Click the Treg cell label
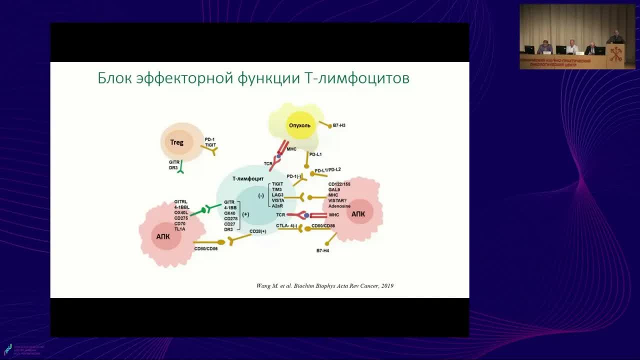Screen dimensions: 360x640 coord(176,142)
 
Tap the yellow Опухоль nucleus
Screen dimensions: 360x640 coord(300,125)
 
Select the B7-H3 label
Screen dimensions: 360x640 coord(339,125)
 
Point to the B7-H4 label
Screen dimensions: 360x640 coord(322,250)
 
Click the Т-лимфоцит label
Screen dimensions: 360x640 coord(248,178)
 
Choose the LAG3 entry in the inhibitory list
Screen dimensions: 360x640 coord(277,195)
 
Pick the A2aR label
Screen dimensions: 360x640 coord(277,205)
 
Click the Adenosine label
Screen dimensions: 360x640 coord(339,206)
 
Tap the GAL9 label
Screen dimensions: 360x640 coord(334,189)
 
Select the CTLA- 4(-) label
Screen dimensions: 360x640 coord(286,226)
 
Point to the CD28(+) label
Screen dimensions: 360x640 coord(257,231)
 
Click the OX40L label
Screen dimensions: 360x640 coord(180,212)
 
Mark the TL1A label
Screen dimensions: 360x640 coord(180,229)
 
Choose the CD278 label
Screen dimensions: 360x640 coord(230,218)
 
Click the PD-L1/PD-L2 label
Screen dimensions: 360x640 coord(327,169)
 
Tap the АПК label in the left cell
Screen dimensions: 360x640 coord(163,236)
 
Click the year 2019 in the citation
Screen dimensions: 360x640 coord(387,285)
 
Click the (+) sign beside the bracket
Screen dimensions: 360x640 coord(245,214)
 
